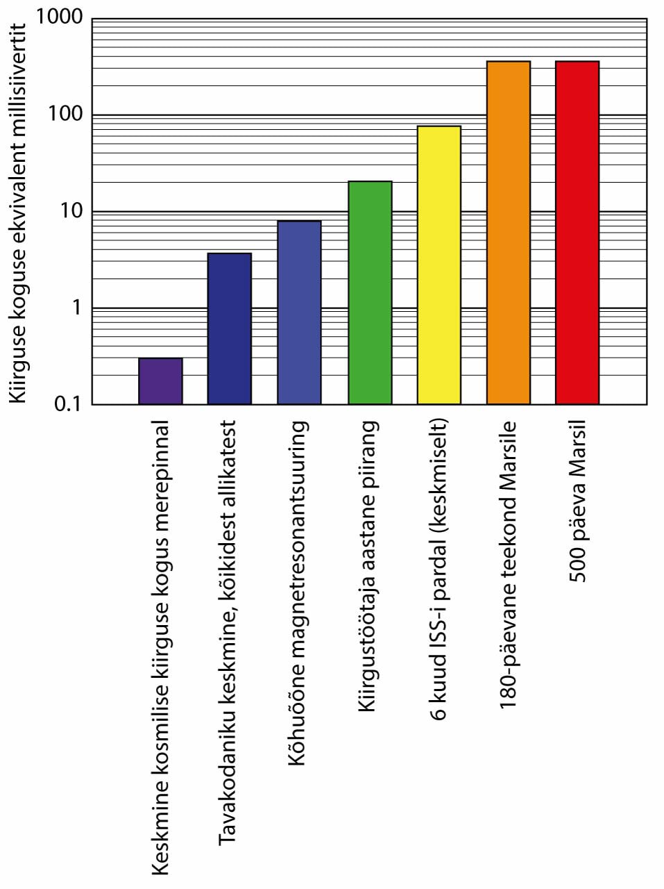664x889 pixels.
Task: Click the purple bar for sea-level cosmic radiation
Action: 160,381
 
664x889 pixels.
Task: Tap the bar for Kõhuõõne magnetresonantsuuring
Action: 299,313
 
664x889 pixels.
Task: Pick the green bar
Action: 370,292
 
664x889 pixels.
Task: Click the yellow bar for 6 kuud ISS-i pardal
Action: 439,265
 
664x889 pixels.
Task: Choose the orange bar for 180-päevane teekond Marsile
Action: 509,233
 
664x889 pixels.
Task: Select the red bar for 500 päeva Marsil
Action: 577,233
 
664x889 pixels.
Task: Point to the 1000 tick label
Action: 59,17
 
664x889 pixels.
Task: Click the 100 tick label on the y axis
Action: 65,114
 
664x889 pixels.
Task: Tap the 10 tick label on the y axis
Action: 71,210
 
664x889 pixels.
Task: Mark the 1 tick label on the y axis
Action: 76,307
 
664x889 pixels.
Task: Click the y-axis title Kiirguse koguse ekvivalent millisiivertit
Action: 17,213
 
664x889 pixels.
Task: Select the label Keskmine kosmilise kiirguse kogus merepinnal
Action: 160,647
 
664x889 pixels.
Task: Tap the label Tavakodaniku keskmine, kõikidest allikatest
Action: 228,632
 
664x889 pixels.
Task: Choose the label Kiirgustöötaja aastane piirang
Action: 367,565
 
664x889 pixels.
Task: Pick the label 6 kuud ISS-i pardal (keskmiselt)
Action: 439,569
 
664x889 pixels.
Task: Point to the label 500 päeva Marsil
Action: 577,501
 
